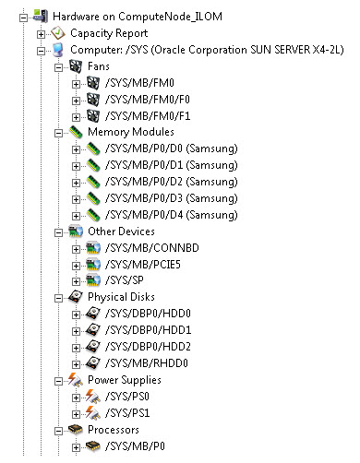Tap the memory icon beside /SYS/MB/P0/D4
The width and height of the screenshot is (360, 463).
94,215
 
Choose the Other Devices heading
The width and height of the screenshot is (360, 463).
121,231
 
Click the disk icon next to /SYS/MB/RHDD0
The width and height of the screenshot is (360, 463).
94,362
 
